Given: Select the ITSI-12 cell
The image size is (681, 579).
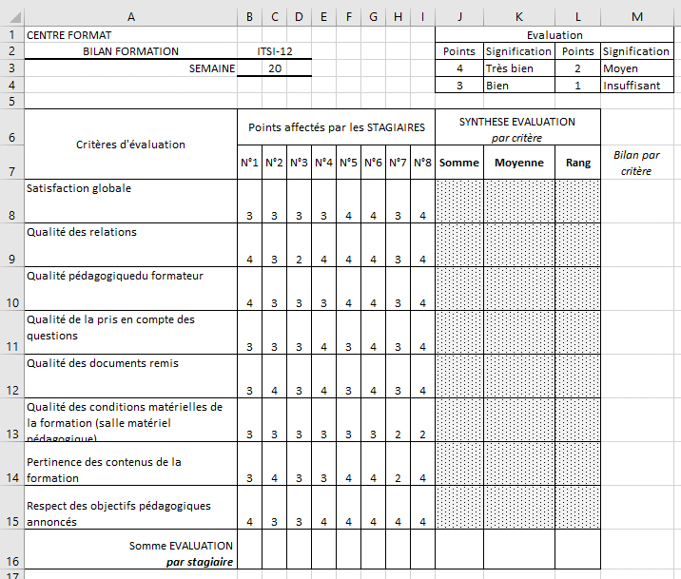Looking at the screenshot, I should pos(274,51).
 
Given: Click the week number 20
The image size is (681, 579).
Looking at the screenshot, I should pos(274,68).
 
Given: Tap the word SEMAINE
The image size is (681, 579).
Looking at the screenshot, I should pos(211,68).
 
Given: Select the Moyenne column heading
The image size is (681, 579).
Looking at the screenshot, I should pos(518,163).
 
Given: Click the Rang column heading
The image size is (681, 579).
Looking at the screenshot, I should pos(577,163).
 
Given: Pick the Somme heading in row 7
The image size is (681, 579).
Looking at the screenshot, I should pos(459,163).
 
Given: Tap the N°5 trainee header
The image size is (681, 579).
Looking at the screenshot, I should pos(348,163).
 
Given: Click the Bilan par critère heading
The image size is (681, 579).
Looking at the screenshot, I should pos(637,163).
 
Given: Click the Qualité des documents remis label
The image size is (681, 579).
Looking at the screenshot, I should pos(89,363).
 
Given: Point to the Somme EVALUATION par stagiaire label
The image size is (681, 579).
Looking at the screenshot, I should pos(181,553).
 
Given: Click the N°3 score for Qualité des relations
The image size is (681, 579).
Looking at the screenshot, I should pos(299,259).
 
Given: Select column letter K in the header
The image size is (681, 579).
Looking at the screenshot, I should pos(518,15).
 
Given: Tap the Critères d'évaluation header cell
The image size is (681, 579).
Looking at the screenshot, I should pos(130,145).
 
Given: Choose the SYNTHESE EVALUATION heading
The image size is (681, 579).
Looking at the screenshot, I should pos(517,122).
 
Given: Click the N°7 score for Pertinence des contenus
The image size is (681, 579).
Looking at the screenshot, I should pos(398,477).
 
